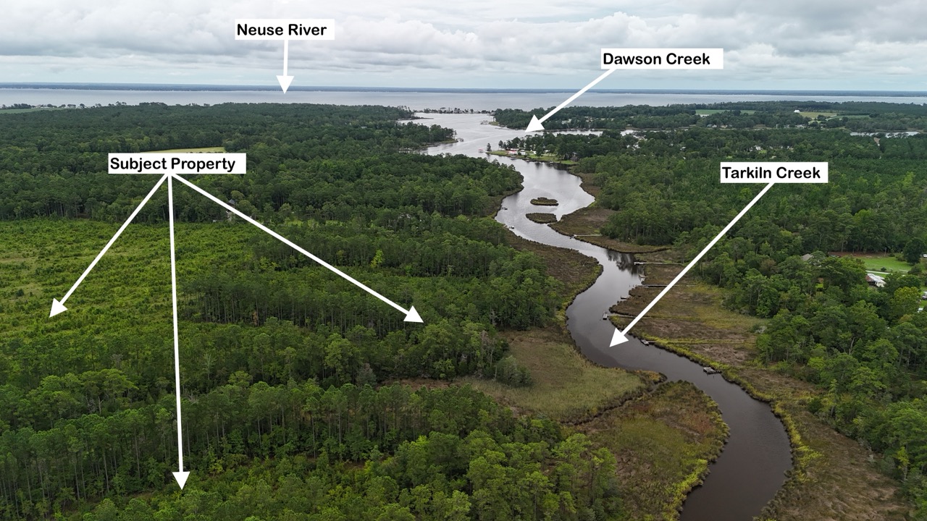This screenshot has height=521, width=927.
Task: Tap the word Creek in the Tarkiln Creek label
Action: tap(800, 172)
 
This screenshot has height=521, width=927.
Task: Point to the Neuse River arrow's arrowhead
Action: tap(285, 84)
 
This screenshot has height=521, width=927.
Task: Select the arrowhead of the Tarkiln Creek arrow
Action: tap(618, 337)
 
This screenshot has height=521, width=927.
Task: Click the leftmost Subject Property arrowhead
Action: tap(57, 308)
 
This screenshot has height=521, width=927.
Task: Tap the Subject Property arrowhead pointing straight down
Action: tap(181, 480)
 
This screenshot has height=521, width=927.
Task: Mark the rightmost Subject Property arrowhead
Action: tap(414, 315)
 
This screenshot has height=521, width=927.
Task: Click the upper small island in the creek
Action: tap(544, 201)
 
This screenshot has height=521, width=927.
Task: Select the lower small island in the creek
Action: tap(541, 218)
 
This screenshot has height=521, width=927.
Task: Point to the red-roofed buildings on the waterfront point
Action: tap(513, 152)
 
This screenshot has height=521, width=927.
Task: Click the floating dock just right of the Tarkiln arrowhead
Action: tap(647, 342)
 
